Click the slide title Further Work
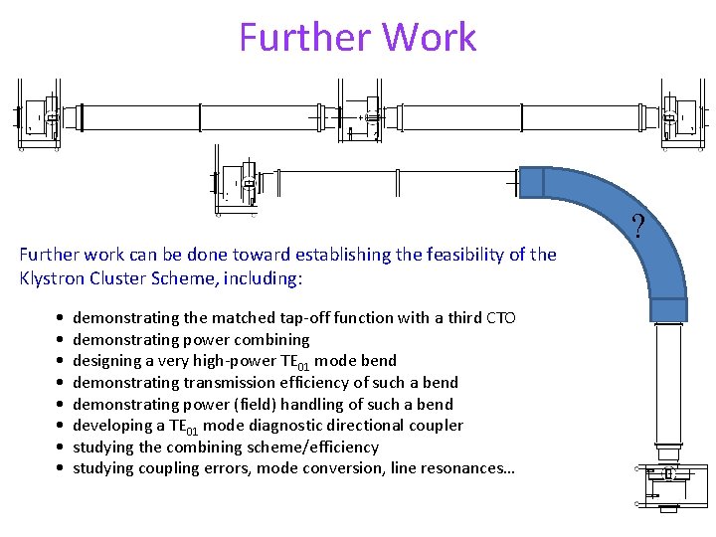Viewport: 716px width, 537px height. (x=358, y=38)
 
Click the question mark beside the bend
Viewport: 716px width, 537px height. (x=638, y=225)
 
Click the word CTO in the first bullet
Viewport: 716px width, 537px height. (x=500, y=318)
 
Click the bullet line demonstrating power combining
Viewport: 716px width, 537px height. (x=191, y=340)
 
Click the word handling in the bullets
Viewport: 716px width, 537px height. (x=305, y=405)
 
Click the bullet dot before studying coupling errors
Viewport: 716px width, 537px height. (x=62, y=468)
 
